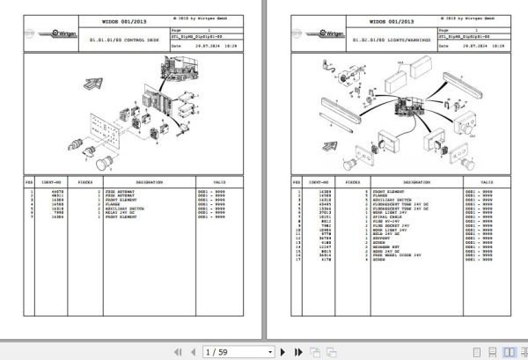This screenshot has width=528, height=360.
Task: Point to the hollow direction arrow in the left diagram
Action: (x=91, y=84)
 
